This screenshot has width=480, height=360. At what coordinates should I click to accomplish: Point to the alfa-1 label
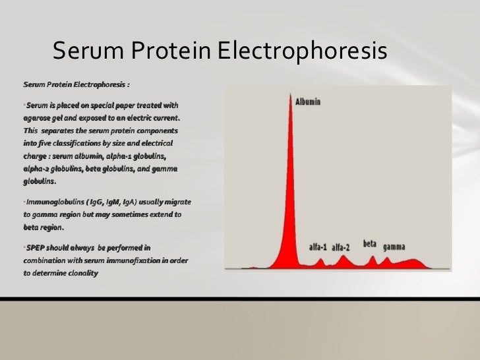[x=319, y=247]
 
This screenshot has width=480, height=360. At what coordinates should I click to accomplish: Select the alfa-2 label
[x=342, y=247]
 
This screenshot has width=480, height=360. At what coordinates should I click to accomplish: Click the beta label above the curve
[x=370, y=244]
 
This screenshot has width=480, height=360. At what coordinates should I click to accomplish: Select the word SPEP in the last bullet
[x=36, y=247]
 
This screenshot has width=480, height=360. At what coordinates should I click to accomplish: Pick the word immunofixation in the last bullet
[x=136, y=260]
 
